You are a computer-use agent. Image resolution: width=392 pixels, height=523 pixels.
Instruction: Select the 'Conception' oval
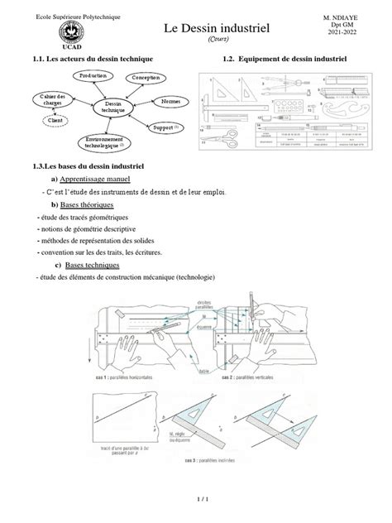pos(147,79)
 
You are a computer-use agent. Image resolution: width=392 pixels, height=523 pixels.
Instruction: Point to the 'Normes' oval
pos(170,101)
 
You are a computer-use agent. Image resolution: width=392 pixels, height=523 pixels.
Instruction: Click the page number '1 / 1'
pos(195,501)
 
